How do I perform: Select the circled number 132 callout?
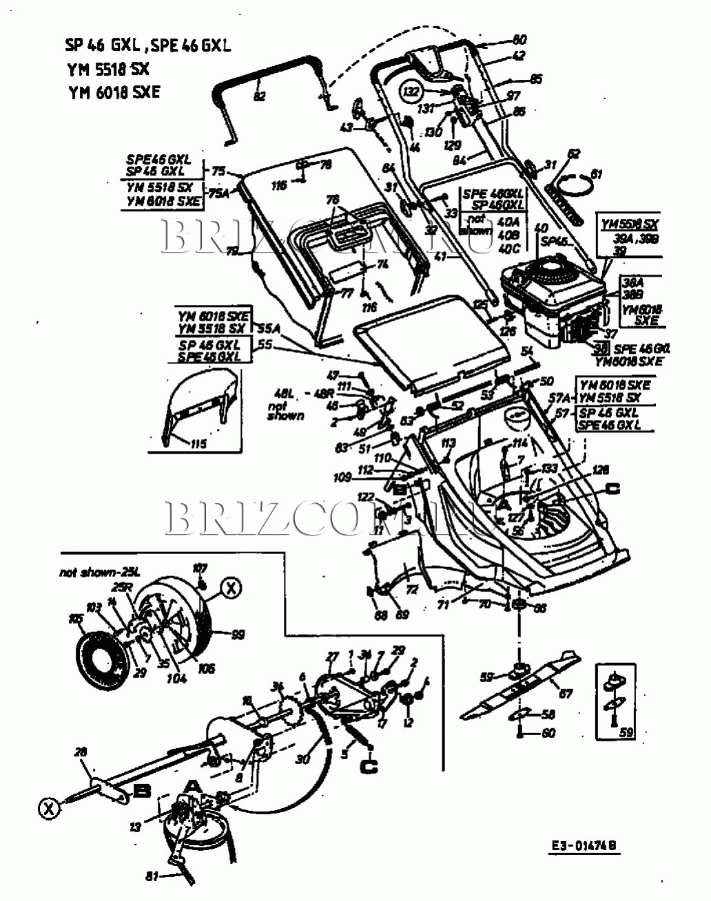click(411, 90)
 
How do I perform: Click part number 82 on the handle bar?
click(260, 97)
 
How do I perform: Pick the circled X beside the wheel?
click(231, 588)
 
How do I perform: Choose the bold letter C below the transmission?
click(370, 765)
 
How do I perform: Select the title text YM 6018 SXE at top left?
click(114, 92)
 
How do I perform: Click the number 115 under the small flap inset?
click(198, 444)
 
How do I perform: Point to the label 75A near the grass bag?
click(219, 193)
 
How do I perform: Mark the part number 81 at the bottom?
click(152, 876)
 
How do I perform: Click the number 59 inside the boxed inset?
click(625, 732)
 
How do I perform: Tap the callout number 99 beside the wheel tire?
click(237, 635)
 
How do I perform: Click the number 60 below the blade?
click(548, 734)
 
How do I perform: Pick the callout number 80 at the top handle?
click(519, 40)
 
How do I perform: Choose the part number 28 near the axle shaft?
click(81, 753)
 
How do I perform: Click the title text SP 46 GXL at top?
click(103, 45)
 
